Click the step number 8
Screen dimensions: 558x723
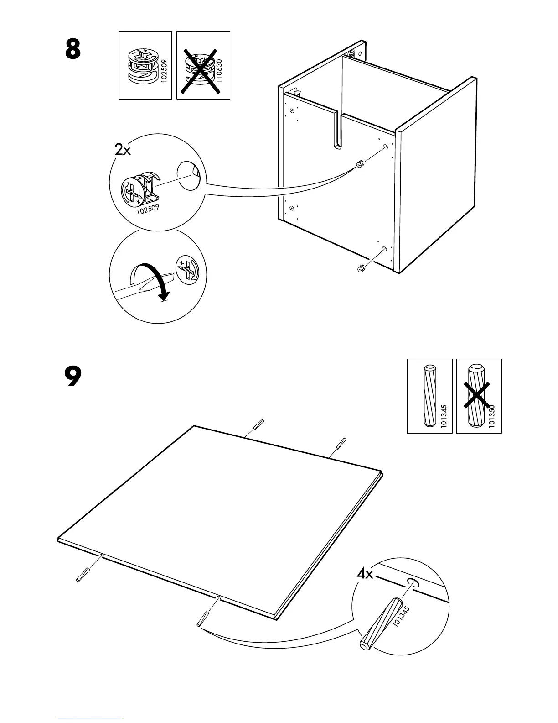coord(73,49)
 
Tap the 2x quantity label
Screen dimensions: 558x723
coord(123,149)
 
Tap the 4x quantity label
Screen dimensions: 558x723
coord(365,574)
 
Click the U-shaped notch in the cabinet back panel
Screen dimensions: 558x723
coord(336,132)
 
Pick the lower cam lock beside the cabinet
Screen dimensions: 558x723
coord(361,269)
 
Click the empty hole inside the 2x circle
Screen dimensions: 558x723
coord(189,176)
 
